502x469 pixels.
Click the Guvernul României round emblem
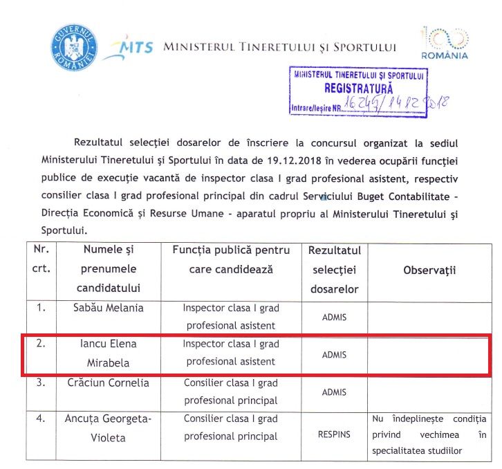[x=73, y=46]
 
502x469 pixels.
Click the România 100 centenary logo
[x=445, y=42]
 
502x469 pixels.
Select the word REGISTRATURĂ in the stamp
[x=358, y=89]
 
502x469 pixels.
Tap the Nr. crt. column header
[x=41, y=259]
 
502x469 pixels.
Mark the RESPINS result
[x=334, y=435]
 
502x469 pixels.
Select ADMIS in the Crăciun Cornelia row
[x=334, y=392]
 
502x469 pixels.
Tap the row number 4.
[x=41, y=419]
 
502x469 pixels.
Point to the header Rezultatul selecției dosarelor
[x=334, y=269]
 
